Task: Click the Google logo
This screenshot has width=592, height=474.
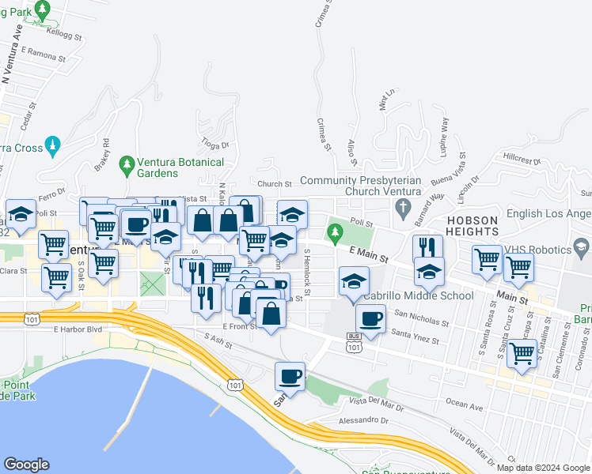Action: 27,465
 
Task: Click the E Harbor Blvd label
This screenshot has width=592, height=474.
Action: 78,329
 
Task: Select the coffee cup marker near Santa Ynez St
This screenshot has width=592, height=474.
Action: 370,318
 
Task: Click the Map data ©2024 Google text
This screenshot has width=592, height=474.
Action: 542,468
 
